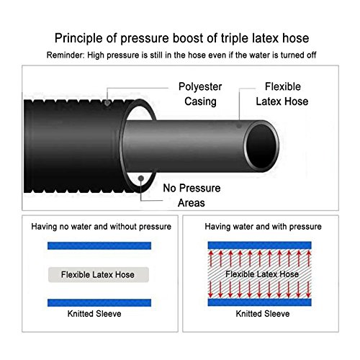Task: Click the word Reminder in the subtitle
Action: pos(66,55)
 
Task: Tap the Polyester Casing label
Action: pos(200,94)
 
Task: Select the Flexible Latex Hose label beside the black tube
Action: pos(282,94)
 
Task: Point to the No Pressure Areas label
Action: pos(192,195)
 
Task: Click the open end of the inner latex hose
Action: pos(261,145)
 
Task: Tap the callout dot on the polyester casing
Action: pos(107,103)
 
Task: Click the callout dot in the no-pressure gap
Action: pos(141,179)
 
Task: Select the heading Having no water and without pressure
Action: pos(102,227)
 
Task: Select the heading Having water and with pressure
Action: pos(263,227)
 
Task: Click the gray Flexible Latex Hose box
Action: pos(99,274)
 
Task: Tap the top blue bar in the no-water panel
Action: pos(99,246)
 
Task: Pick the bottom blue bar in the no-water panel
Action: pos(99,303)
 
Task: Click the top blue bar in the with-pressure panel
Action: pos(260,246)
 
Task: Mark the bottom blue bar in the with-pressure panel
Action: pos(260,302)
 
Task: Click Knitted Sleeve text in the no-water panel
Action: pos(94,314)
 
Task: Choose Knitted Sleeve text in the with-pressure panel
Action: pos(263,314)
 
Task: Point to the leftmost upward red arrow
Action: pos(211,258)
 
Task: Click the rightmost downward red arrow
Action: pos(309,289)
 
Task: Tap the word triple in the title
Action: pos(234,39)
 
